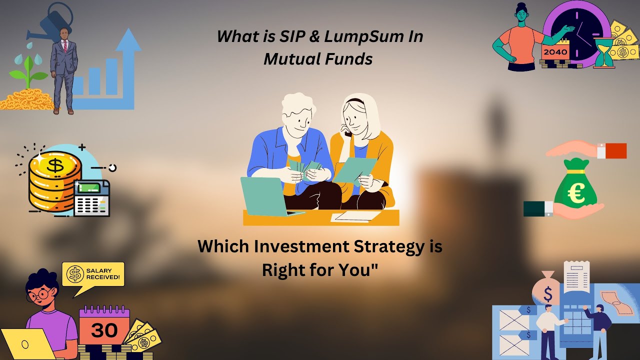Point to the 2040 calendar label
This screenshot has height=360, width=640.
pyautogui.click(x=555, y=52)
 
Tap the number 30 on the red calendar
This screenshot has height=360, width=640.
pyautogui.click(x=104, y=330)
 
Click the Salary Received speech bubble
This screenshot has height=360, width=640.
pyautogui.click(x=94, y=274)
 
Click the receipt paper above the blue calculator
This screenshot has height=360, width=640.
pyautogui.click(x=576, y=277)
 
